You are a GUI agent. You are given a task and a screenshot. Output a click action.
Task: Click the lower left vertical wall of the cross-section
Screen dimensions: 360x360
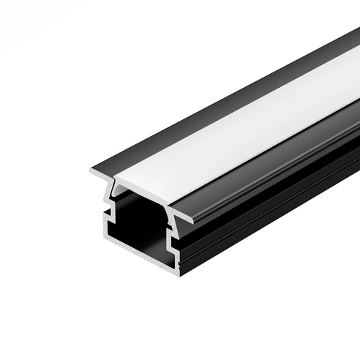pos(105,228)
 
